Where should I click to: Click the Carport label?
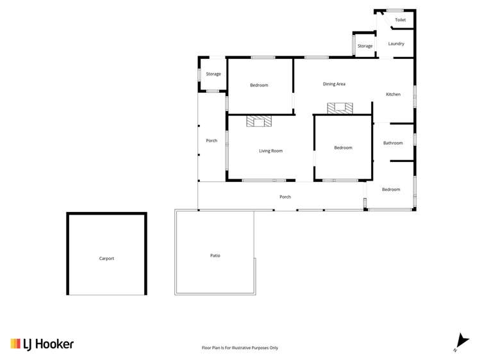(106, 258)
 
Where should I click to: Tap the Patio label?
(215, 255)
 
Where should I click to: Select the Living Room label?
(270, 151)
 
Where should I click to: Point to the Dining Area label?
(334, 84)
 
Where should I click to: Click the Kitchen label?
(393, 94)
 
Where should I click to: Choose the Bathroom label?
(393, 143)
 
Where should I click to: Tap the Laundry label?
(396, 44)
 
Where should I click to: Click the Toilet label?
(400, 20)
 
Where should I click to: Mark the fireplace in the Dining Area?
(340, 108)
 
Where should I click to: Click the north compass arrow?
(459, 341)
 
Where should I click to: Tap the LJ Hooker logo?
(42, 344)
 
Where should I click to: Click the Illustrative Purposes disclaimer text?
(240, 348)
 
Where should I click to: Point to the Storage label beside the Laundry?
(365, 46)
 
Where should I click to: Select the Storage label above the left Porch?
(213, 74)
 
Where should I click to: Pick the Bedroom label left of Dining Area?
(259, 85)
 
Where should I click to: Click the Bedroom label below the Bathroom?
(391, 190)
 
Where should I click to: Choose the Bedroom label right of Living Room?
(343, 148)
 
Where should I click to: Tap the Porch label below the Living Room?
(285, 197)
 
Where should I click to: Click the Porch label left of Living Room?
(211, 140)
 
